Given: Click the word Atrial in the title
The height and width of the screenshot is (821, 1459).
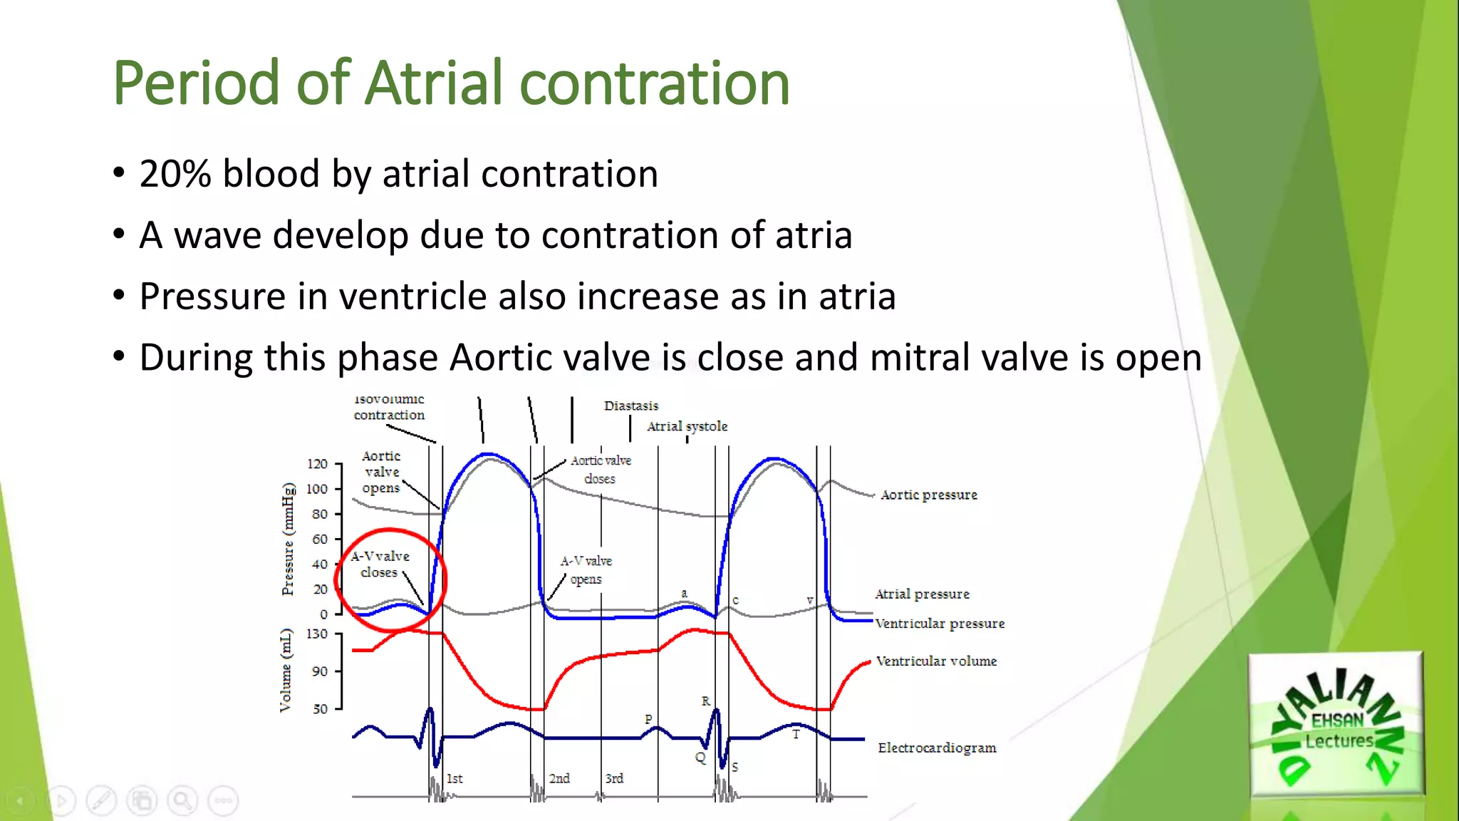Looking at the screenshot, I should click(x=435, y=83).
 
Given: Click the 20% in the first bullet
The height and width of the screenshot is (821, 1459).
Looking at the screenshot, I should click(x=175, y=174).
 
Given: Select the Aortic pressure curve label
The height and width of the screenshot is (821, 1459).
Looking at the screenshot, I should click(x=928, y=495).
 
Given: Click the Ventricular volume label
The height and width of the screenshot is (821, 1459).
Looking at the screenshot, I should click(x=935, y=661).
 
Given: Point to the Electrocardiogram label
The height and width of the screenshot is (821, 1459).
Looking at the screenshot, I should click(x=936, y=748).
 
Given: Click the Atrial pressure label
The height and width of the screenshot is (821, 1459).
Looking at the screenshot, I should click(x=922, y=594).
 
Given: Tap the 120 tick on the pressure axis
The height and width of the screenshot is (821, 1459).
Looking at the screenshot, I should click(x=318, y=464).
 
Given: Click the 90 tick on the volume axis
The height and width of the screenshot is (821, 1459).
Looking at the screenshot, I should click(x=320, y=671).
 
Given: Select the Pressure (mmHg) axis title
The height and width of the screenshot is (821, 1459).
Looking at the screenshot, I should click(x=288, y=539).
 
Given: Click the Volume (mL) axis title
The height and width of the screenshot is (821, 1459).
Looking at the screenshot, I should click(x=286, y=670).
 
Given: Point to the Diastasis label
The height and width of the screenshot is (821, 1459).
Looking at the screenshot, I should click(x=631, y=406).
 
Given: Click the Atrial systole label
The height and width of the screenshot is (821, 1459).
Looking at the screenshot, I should click(x=687, y=426).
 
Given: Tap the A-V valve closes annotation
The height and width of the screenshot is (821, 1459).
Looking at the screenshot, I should click(x=380, y=564).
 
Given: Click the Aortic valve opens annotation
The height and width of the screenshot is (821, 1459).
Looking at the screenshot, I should click(x=381, y=472).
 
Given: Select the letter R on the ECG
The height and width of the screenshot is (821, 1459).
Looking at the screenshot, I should click(x=705, y=701).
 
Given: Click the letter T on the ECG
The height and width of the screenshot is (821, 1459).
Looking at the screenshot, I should click(x=796, y=734).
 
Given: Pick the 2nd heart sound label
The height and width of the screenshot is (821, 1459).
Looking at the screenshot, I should click(x=559, y=778).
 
